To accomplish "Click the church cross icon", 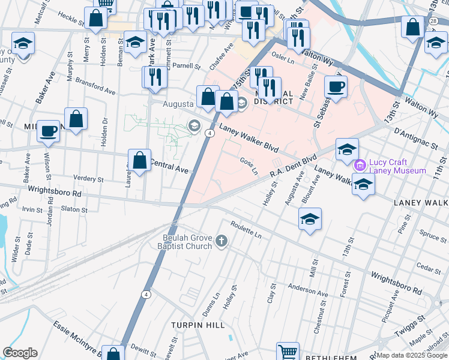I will (221, 242).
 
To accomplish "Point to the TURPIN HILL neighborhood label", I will (198, 325).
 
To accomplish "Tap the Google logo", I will (20, 353).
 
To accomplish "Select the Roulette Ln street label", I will (246, 232).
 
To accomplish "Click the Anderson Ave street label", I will (308, 290).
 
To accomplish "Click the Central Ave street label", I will (169, 166).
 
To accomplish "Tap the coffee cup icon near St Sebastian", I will (336, 86).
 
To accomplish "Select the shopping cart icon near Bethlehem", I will (288, 351).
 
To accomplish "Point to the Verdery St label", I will (88, 178).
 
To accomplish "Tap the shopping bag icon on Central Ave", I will (139, 160).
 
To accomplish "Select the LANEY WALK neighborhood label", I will (421, 203).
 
